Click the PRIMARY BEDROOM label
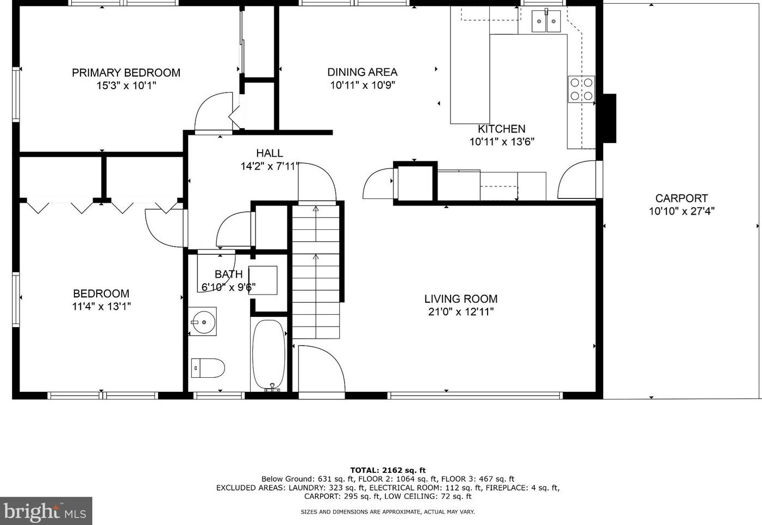(126, 72)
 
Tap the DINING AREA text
(363, 72)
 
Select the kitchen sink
(546, 21)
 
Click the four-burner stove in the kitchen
(581, 89)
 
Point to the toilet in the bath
(208, 368)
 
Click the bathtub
(268, 355)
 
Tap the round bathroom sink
(202, 322)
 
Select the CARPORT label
(682, 198)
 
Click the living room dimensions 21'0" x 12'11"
(460, 311)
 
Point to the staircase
(316, 272)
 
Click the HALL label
(270, 153)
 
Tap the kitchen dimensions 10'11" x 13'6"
(502, 141)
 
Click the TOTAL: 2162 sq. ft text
(388, 470)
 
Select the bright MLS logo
(46, 511)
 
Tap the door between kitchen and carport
(578, 180)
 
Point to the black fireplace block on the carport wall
(609, 118)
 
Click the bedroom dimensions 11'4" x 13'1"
(101, 307)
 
